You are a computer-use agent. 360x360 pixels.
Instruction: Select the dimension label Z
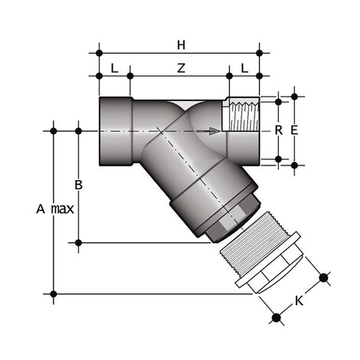coord(180,68)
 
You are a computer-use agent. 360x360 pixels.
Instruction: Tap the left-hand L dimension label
coord(114,68)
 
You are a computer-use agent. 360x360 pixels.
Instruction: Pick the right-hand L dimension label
coord(244,68)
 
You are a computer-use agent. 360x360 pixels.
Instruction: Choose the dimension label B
coord(78,185)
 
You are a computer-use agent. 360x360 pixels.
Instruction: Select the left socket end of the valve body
coord(115,130)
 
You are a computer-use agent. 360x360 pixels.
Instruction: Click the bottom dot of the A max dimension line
coord(54,293)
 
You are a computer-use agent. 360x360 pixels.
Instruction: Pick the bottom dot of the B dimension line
coord(78,243)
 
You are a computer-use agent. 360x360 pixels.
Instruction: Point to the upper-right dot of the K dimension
coord(323,277)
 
